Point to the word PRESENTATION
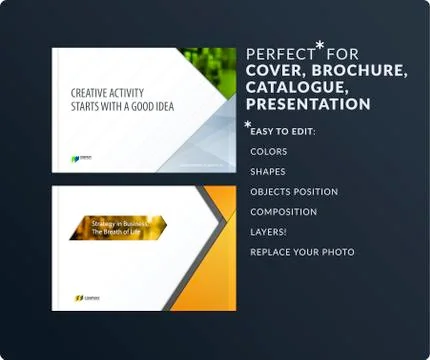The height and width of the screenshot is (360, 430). point(308,104)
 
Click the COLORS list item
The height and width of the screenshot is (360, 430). point(269,152)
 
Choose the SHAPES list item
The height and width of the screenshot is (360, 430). point(268,172)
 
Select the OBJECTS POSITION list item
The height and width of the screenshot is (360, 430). point(294,192)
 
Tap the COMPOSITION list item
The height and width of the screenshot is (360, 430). point(284,212)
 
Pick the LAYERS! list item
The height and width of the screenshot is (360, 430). point(269,232)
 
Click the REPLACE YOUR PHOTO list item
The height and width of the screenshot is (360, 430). point(302,252)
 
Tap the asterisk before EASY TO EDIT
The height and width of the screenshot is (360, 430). point(248,125)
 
